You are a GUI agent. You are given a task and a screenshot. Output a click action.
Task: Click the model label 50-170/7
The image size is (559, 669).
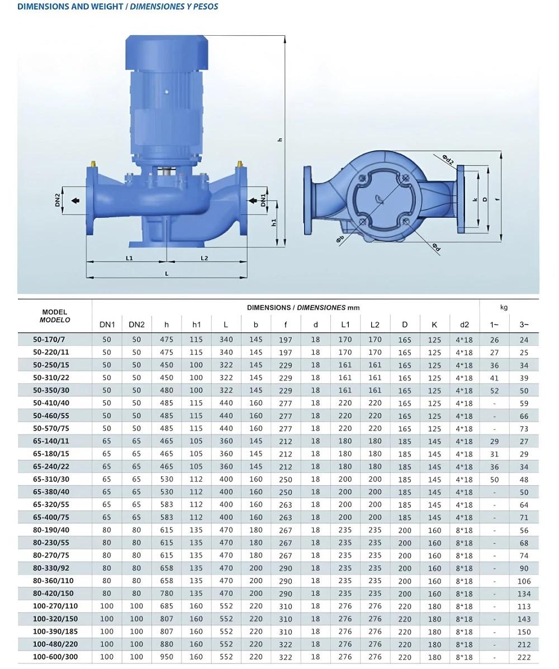tap(49, 340)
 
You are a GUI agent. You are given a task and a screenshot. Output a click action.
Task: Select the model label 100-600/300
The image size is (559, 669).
tap(55, 657)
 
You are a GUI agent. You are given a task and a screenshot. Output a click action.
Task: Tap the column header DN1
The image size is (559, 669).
tap(107, 324)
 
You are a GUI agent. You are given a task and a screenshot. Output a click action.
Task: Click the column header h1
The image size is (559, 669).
tap(196, 324)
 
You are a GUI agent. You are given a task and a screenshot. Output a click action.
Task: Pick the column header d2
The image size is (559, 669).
tap(464, 324)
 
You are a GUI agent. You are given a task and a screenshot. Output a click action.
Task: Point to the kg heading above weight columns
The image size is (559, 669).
tap(504, 308)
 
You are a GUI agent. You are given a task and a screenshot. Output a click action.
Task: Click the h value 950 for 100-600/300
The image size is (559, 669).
tap(167, 657)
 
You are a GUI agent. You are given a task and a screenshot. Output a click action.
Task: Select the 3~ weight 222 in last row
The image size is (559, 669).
tap(524, 657)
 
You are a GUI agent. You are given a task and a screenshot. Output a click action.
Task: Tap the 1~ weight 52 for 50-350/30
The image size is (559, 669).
tap(495, 391)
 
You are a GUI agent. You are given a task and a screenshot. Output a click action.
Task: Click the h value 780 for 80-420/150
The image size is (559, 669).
tap(167, 594)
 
